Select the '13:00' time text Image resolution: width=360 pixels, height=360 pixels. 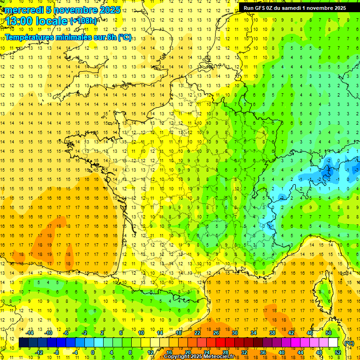pos(20,21)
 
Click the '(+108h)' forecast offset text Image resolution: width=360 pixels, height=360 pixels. pos(83,21)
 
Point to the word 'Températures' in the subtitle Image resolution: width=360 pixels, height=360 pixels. pos(29,37)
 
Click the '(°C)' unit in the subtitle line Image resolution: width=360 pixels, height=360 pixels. pos(125,37)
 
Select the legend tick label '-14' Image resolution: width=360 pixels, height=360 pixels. pos(30,333)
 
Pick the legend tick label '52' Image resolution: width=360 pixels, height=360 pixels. pos(337,352)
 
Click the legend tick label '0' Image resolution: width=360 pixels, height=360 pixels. pos(93,352)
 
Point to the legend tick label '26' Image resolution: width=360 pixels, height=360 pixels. pos(216,333)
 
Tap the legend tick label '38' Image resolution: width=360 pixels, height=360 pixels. pos(272,333)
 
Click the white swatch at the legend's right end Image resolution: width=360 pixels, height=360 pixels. pos(333,343)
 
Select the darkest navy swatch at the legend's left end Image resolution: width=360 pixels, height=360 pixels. pos(23,343)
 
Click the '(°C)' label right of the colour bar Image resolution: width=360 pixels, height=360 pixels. pos(349,343)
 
